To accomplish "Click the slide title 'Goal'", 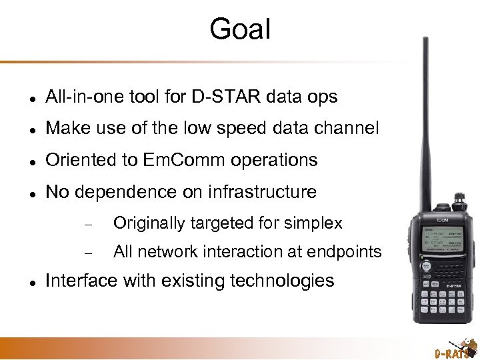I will click(x=240, y=29).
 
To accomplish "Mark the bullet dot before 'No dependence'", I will click(x=23, y=193).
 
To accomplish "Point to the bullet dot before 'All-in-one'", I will click(x=23, y=98).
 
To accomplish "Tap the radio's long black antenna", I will click(x=424, y=120).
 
